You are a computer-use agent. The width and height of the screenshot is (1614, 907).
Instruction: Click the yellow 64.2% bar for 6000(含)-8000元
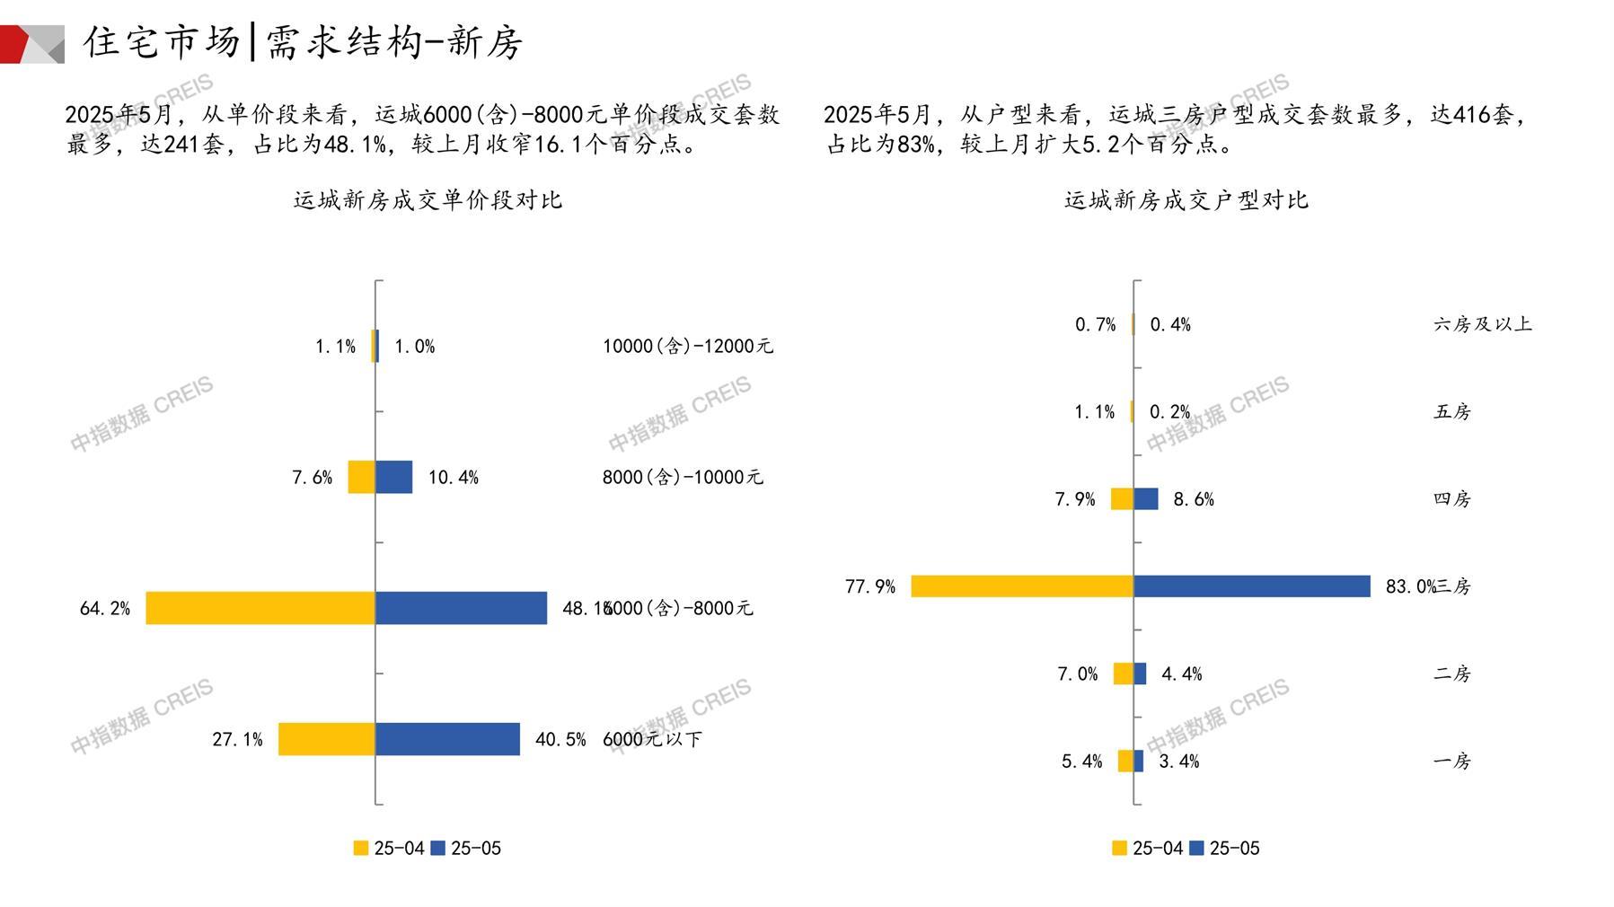(x=260, y=608)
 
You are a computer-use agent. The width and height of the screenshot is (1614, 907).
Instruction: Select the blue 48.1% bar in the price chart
(x=461, y=608)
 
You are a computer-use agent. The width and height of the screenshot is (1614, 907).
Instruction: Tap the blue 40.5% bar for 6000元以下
(x=447, y=739)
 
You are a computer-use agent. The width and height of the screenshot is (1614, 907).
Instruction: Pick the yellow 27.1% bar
(x=326, y=739)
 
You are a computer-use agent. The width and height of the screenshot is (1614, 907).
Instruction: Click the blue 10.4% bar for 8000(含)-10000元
(x=393, y=477)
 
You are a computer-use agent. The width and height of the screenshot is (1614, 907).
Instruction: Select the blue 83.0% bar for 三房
(x=1251, y=586)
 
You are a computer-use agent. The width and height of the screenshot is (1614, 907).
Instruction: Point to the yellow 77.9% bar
(x=1022, y=586)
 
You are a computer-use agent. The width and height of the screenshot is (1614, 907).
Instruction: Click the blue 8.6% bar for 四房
(x=1145, y=499)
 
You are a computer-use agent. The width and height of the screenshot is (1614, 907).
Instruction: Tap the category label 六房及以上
(x=1482, y=324)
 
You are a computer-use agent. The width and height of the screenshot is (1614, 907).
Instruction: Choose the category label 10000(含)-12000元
(x=687, y=347)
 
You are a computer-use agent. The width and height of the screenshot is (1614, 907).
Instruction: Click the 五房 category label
(x=1452, y=412)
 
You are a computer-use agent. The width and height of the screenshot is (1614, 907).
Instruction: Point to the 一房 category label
(x=1452, y=762)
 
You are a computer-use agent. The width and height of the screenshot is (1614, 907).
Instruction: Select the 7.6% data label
(x=312, y=478)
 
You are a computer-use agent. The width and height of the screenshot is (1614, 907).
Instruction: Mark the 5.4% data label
(x=1081, y=762)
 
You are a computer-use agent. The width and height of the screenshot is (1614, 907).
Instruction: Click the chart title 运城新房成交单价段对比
(x=428, y=200)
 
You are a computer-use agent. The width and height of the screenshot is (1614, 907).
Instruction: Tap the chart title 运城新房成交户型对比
(x=1186, y=200)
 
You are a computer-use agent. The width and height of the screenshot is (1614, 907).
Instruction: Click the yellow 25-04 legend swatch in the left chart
(x=361, y=848)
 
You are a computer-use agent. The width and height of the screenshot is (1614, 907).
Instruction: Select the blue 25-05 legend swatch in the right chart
(x=1196, y=848)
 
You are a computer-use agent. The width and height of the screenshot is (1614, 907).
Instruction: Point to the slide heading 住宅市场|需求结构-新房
(x=303, y=42)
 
